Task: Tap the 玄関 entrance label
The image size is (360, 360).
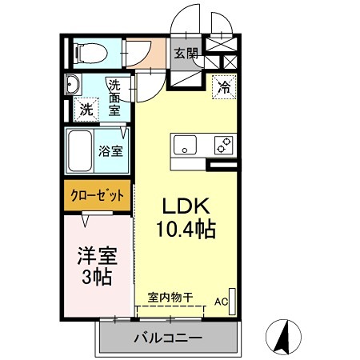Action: coord(186,54)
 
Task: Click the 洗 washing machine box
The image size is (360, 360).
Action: coord(85,110)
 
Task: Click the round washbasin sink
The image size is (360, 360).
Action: coord(73,85)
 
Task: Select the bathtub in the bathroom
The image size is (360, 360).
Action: coord(81,150)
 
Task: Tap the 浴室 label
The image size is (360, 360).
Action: coord(110,150)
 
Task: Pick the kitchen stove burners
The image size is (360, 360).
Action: coord(222,146)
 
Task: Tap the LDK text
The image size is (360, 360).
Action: coord(185,204)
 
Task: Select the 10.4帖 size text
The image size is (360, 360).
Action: coord(185,230)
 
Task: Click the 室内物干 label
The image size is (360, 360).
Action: coord(170,297)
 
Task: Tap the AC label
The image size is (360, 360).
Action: coord(220,302)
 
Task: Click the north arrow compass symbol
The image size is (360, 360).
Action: coord(282,337)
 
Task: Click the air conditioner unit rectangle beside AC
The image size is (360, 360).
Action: coord(233,298)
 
